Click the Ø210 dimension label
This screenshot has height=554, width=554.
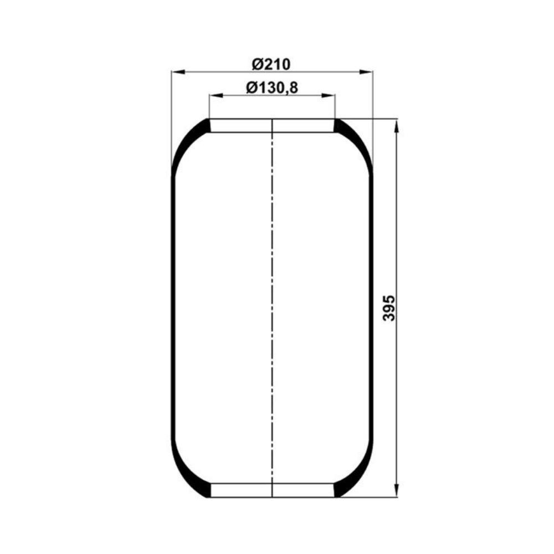271,64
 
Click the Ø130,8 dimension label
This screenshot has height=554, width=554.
272,88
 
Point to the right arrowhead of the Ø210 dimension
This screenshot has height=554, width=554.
366,72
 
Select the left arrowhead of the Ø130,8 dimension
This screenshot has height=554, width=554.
216,95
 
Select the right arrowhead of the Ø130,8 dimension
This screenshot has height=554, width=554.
328,95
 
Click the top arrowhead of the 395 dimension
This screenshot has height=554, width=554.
397,126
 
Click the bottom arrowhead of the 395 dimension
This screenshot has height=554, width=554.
397,490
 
